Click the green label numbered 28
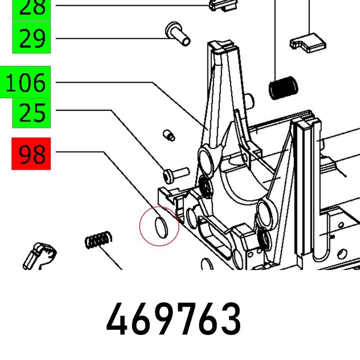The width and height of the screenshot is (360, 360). click(x=31, y=10)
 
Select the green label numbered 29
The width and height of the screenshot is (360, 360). click(x=31, y=37)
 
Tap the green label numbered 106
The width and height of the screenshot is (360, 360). click(x=25, y=82)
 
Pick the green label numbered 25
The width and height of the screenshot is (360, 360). click(x=31, y=113)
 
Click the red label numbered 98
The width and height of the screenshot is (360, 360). click(x=31, y=153)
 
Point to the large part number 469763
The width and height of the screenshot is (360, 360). click(x=174, y=319)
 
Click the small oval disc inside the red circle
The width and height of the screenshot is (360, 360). click(x=162, y=227)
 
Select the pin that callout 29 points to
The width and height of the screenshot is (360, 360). click(x=178, y=34)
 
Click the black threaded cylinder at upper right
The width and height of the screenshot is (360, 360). click(x=283, y=88)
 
